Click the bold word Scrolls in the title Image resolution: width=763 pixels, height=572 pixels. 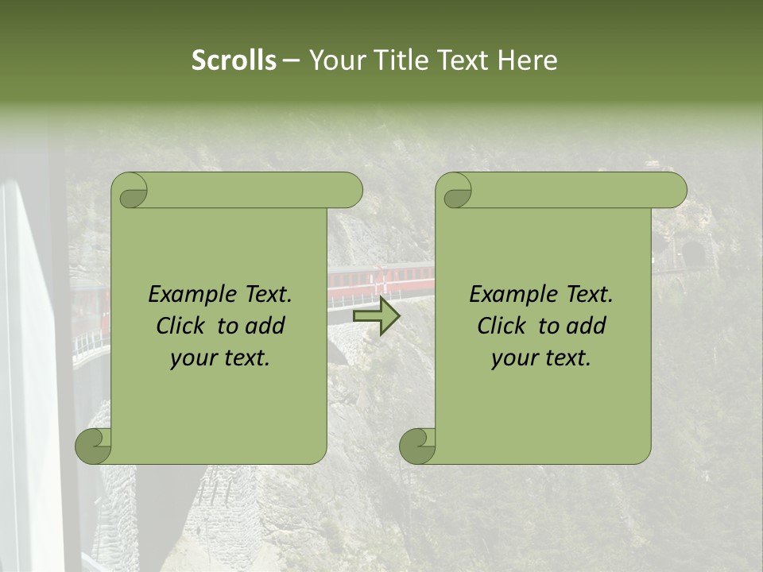234,60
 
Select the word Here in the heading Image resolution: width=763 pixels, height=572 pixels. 528,60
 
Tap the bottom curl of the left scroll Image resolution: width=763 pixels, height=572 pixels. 94,446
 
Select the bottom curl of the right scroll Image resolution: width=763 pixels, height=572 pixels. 418,446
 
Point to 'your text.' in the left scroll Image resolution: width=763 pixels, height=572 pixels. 220,358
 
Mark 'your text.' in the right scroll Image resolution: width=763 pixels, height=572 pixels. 541,358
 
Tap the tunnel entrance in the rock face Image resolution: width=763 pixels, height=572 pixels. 695,254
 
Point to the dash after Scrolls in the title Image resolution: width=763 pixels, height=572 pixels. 291,61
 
